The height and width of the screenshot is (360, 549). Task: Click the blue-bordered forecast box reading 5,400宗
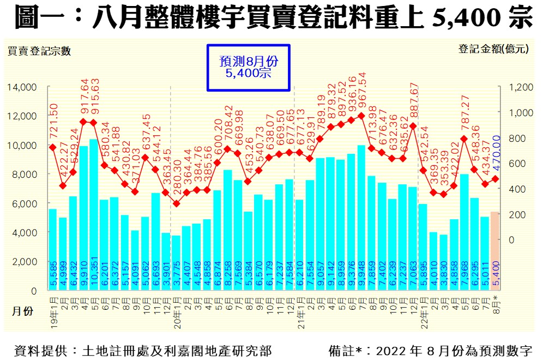tap(248, 68)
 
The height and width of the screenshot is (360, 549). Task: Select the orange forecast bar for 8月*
tap(494, 251)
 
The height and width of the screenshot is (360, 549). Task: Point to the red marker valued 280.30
tap(176, 203)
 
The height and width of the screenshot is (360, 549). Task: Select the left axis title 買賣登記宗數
tap(39, 52)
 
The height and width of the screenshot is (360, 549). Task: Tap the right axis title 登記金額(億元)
tap(493, 49)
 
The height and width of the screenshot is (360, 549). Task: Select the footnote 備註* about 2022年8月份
tap(431, 349)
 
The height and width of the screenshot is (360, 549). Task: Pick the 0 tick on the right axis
tap(512, 240)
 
